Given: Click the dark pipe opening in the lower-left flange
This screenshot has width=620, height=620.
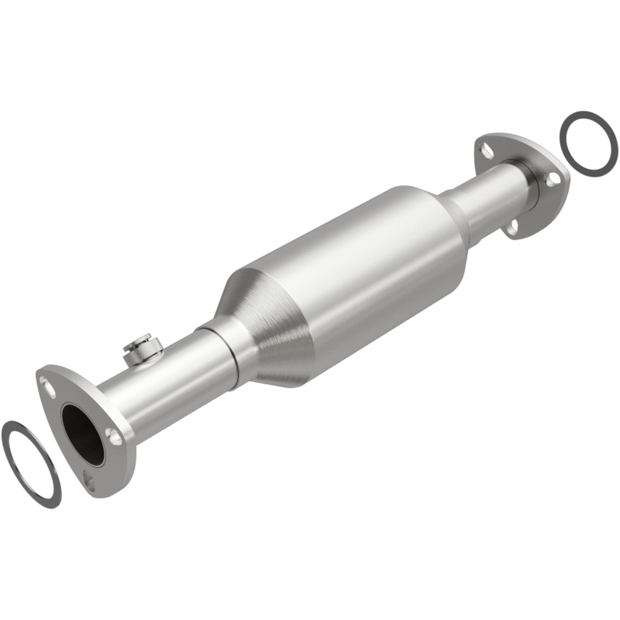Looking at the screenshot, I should (x=83, y=434).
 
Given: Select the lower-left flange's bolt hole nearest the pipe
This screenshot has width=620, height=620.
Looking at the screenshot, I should (x=115, y=437).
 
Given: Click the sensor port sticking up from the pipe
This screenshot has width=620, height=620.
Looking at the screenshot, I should (x=140, y=346).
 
